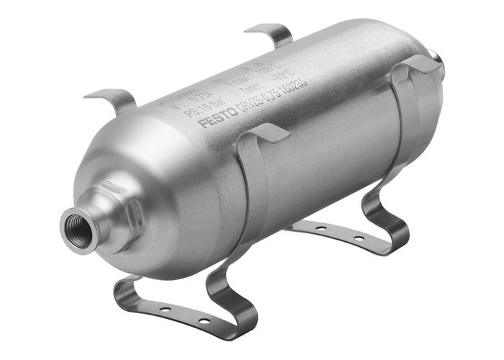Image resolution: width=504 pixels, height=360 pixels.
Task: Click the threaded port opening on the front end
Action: pyautogui.click(x=76, y=230)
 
